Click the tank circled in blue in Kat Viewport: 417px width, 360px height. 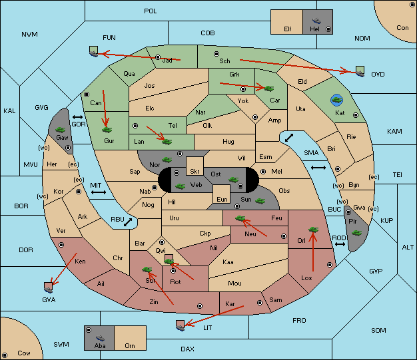[336, 100]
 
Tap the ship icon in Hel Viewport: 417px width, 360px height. [316, 21]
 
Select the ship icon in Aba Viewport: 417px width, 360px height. [100, 338]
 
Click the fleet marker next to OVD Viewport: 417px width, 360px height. [360, 71]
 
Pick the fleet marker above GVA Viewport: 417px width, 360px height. [48, 287]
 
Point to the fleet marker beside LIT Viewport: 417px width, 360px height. [180, 325]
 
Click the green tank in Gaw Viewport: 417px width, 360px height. [61, 130]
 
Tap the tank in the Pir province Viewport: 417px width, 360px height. [356, 233]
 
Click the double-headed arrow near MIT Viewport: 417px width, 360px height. [99, 192]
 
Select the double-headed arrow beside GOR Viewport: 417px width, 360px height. [78, 117]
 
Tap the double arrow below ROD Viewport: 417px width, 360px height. [340, 244]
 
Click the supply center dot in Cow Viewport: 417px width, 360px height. [5, 355]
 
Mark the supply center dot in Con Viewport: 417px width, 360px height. [412, 5]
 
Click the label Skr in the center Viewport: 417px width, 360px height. [195, 172]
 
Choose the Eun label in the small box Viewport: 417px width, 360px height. [222, 199]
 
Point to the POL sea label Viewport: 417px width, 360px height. [151, 11]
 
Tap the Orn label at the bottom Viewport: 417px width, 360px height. [130, 345]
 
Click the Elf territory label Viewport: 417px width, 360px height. [288, 29]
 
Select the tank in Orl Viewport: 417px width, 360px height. [313, 230]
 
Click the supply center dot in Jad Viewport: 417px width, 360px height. [158, 57]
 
